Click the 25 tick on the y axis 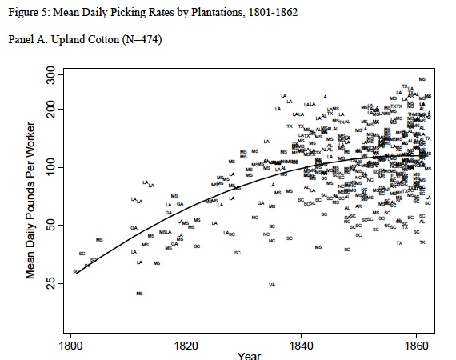point(50,284)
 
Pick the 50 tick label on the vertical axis point(50,226)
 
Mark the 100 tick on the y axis point(50,166)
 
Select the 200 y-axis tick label point(50,108)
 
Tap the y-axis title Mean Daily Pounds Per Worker point(31,200)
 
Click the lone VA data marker point(272,284)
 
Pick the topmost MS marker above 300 point(422,79)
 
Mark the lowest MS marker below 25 point(139,294)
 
